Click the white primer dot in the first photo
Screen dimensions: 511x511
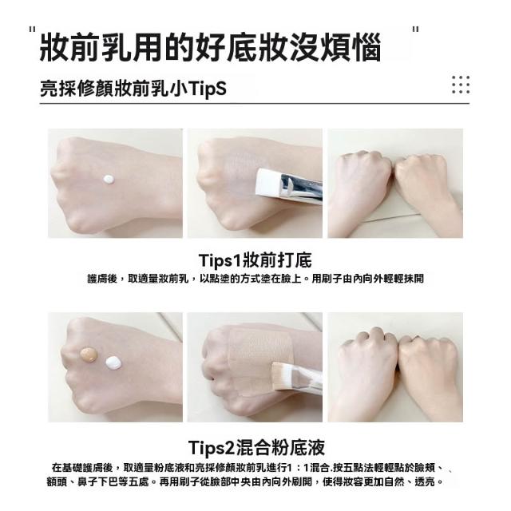click(109, 179)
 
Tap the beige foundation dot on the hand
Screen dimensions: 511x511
click(89, 355)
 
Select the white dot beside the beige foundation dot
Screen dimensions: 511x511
click(113, 362)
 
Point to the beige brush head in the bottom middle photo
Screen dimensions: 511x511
click(283, 377)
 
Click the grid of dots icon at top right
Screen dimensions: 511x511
click(461, 85)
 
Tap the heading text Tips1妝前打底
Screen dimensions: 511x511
click(255, 259)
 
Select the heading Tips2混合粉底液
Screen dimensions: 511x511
click(256, 447)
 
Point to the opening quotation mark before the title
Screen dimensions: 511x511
click(32, 30)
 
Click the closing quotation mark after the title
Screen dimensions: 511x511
click(415, 30)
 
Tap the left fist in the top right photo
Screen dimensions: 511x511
click(361, 183)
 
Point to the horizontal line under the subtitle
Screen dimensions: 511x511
click(255, 103)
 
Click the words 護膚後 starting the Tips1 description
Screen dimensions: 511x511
click(102, 279)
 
